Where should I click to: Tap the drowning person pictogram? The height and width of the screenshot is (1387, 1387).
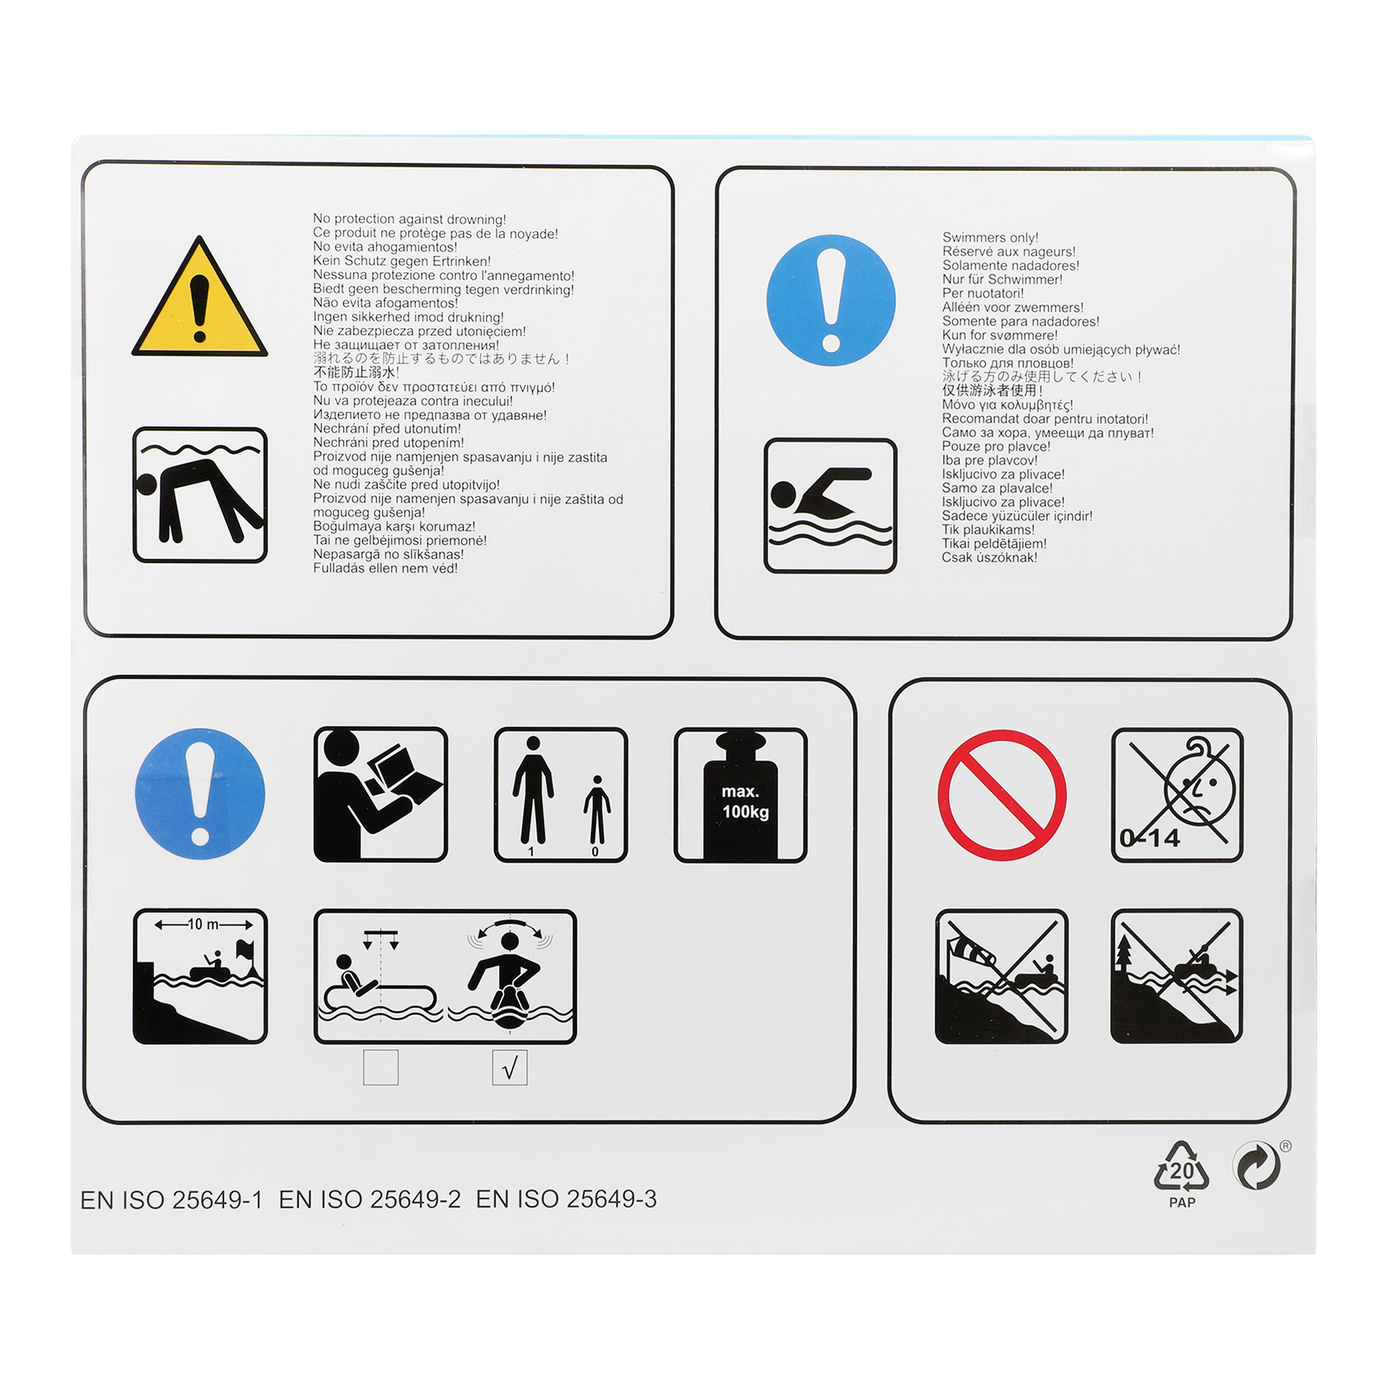[x=200, y=495]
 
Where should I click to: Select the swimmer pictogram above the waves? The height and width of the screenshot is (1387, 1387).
[x=831, y=506]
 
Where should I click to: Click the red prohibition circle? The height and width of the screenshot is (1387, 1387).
[x=1001, y=795]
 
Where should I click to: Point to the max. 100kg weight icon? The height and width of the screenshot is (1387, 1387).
[x=741, y=795]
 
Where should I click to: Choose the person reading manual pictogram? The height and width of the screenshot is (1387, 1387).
[x=381, y=795]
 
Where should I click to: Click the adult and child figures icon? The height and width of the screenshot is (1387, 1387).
[x=560, y=795]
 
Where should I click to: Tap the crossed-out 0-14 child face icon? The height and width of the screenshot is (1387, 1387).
[x=1178, y=795]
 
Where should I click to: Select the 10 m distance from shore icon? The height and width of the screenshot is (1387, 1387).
[x=200, y=976]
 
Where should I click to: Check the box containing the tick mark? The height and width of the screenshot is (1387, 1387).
[x=510, y=1067]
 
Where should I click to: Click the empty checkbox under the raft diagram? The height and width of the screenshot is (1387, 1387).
[x=381, y=1067]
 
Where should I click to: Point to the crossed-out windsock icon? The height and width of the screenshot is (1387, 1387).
[x=1001, y=976]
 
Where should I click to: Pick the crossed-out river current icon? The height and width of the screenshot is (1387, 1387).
[x=1177, y=976]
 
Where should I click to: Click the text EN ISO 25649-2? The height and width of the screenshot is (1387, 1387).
[x=370, y=1200]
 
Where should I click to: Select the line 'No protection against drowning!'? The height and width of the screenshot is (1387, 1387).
[x=410, y=219]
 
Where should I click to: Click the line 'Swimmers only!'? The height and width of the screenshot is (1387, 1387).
[x=991, y=238]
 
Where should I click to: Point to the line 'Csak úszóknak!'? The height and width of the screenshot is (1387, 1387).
[x=990, y=557]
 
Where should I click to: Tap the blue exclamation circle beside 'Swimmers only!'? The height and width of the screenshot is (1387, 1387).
[x=831, y=300]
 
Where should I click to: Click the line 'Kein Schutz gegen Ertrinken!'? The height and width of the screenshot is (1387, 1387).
[x=402, y=261]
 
